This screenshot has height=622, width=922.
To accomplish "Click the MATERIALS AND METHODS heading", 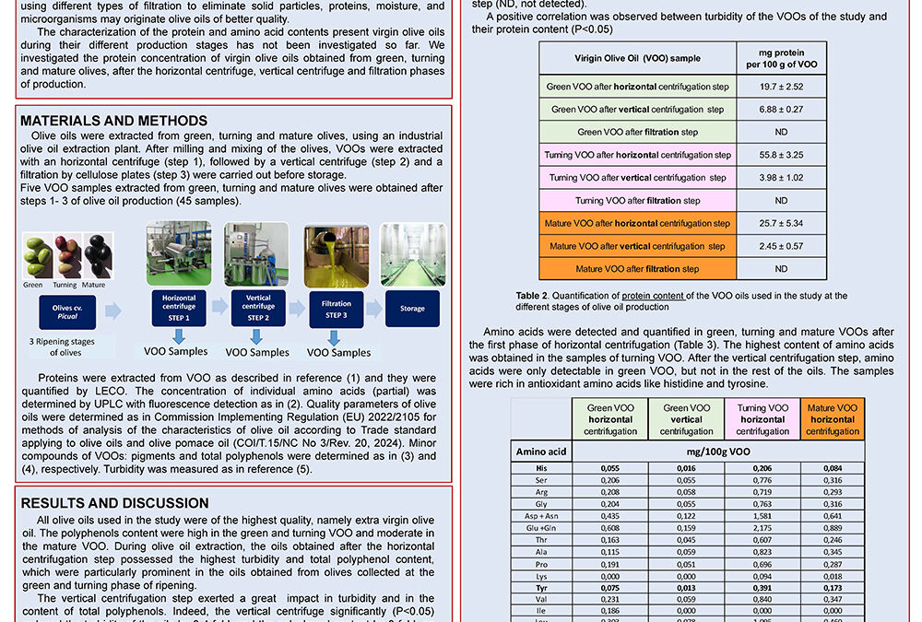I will coord(113,121).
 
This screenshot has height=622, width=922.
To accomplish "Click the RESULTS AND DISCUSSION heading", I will coord(114,503).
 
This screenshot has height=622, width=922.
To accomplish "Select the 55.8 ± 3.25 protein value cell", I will coord(781,155).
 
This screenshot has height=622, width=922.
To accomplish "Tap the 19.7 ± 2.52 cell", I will coord(781,87).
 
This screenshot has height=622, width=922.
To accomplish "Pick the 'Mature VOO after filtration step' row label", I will coord(637,269).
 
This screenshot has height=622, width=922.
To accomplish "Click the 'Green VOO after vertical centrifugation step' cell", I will coord(637,110).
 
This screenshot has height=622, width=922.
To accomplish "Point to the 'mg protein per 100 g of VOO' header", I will coord(781,58).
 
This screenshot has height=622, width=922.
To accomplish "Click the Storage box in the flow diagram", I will coord(412,309).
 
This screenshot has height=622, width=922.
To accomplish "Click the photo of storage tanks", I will coord(412,253).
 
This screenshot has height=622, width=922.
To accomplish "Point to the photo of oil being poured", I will coord(337,253).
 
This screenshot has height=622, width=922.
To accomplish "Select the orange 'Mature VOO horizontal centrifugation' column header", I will coord(832,419).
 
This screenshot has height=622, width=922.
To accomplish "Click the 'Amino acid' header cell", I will coord(540,452).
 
